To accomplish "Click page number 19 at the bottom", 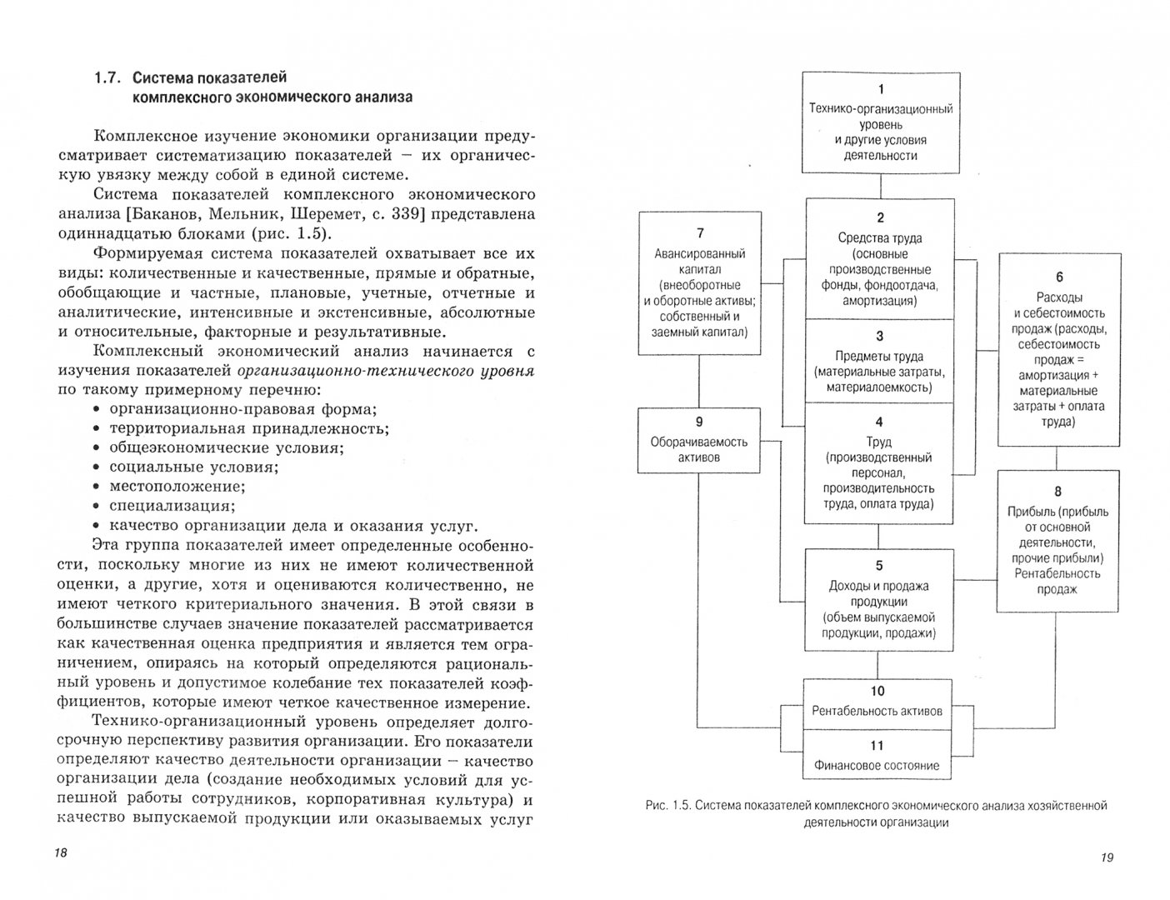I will [x=1107, y=857].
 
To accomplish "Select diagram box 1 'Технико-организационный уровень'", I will [x=881, y=122].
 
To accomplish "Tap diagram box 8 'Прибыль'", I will [x=1058, y=541].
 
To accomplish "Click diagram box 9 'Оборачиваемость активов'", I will [x=699, y=440].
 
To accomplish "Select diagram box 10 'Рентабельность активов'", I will [x=877, y=702].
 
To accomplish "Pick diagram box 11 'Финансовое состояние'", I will [x=877, y=756].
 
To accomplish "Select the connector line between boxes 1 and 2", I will [x=881, y=184].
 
